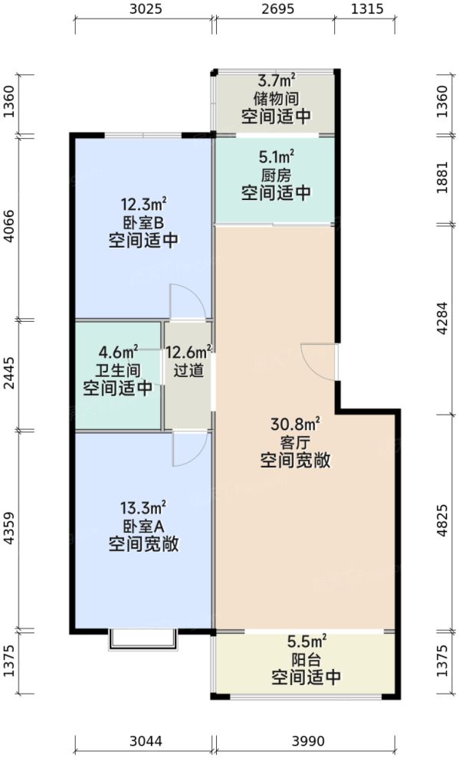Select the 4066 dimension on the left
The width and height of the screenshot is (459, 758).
tap(9, 228)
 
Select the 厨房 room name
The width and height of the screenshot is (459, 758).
tap(276, 176)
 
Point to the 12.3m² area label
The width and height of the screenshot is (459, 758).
tap(143, 205)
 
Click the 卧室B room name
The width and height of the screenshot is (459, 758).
tap(143, 223)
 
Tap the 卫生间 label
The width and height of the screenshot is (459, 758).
tap(117, 370)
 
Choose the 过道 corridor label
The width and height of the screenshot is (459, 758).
tap(189, 370)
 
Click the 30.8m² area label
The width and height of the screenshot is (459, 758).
tap(295, 425)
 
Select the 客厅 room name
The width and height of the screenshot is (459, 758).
tap(295, 443)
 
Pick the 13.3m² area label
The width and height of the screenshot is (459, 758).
tap(143, 509)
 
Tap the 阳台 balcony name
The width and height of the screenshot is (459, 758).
tap(306, 660)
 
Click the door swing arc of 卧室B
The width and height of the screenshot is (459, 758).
tap(186, 301)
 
